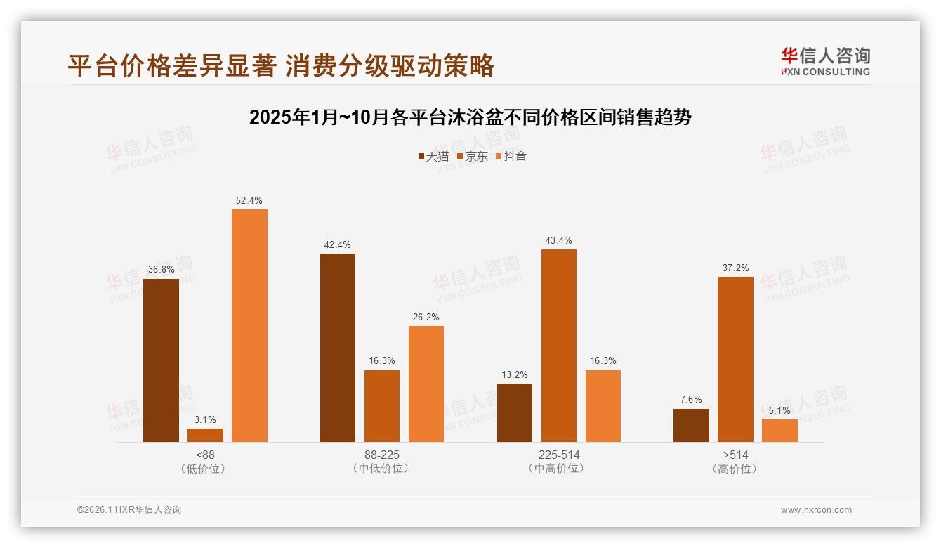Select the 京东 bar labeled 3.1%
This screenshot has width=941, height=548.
coord(205,435)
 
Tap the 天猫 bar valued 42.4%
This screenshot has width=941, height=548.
coord(338,348)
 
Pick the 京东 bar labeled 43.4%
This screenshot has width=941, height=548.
coord(559,346)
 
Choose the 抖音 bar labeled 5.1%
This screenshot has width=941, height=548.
coord(779,431)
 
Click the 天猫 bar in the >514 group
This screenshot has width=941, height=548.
coord(691,425)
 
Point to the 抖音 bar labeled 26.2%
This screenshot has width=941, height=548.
coord(426,384)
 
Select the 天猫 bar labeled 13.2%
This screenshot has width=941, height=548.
coord(515,412)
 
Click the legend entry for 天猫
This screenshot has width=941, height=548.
coord(433,156)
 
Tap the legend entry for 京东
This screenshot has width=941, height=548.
coord(473,156)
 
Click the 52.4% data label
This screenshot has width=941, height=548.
coord(249,200)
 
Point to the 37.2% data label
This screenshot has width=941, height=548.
coord(735,268)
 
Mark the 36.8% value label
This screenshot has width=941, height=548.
coord(161,270)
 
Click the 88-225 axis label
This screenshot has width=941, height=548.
coord(382,455)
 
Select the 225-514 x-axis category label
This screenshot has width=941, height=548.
coord(559,455)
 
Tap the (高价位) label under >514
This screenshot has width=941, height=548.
coord(735,469)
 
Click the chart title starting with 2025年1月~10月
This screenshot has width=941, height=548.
coord(470,117)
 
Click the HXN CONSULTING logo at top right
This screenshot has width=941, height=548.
coord(825,62)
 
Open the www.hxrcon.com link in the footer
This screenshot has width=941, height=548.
coord(816,510)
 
